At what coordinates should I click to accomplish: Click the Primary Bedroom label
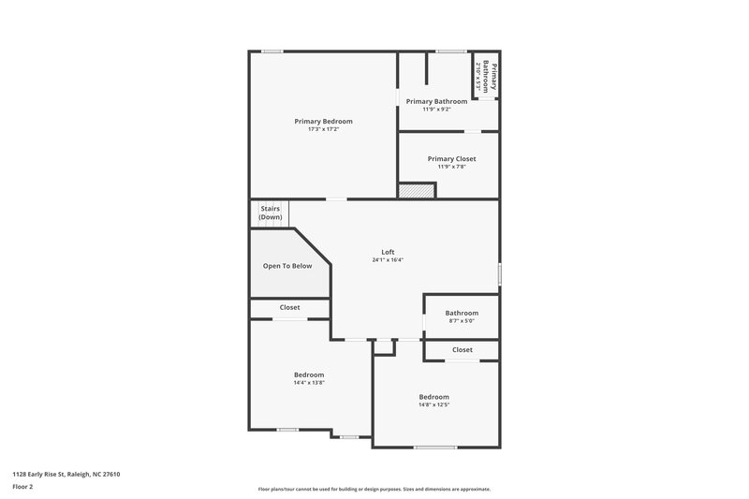click(x=323, y=121)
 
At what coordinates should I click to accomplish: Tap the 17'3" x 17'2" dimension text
click(x=323, y=129)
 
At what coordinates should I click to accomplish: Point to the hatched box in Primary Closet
click(x=418, y=190)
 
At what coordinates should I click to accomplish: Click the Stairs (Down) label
click(x=271, y=213)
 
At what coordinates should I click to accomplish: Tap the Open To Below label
click(x=287, y=266)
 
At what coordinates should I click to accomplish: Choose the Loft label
click(x=388, y=251)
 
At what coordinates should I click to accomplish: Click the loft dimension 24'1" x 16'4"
click(x=388, y=259)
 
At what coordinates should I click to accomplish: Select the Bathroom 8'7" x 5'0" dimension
click(x=462, y=321)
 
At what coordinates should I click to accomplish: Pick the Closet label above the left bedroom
click(x=290, y=307)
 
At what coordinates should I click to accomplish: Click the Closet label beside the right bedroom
click(x=463, y=349)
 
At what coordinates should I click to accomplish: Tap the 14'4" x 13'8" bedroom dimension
click(x=309, y=382)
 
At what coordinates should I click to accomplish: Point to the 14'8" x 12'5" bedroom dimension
click(x=433, y=404)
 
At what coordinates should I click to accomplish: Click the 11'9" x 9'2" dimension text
click(x=437, y=109)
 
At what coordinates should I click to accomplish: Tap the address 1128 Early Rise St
click(x=66, y=474)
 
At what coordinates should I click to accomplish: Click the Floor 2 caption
click(x=22, y=487)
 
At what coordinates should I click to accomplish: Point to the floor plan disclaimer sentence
click(x=374, y=489)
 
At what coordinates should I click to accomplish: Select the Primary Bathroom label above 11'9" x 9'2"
click(x=437, y=100)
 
